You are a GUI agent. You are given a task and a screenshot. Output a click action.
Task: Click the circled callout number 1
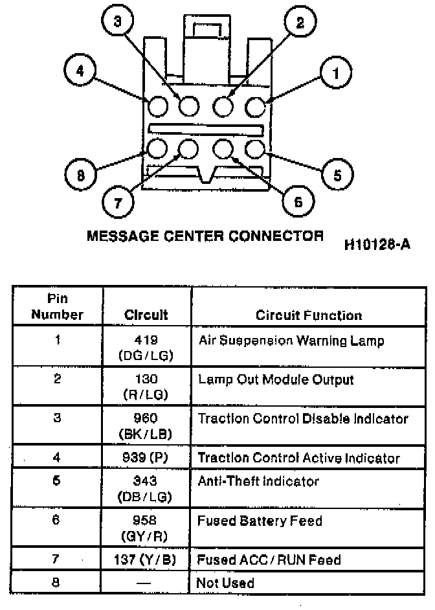click(335, 73)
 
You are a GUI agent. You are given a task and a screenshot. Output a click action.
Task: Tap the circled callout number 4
click(81, 71)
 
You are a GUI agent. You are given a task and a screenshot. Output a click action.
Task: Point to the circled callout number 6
click(298, 202)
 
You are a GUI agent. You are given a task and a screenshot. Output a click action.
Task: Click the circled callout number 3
click(117, 23)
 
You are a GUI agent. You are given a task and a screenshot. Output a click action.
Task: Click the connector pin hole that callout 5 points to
click(256, 149)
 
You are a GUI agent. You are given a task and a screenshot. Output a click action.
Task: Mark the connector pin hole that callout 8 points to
click(157, 149)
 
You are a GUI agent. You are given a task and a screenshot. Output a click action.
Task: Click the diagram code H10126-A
click(378, 244)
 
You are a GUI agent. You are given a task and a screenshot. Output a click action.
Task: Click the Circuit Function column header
click(309, 315)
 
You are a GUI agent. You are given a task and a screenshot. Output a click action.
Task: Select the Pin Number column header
click(58, 308)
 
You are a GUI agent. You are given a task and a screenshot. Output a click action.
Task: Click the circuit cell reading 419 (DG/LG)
click(146, 348)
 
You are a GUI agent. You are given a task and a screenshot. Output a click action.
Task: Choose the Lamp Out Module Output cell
click(276, 379)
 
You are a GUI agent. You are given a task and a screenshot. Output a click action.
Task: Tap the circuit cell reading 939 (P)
click(146, 458)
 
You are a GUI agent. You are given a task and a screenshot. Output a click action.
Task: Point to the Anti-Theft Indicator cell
click(258, 481)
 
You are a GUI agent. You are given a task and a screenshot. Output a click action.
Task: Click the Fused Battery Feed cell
click(260, 521)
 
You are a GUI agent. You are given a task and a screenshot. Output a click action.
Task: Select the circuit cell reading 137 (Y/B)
click(146, 559)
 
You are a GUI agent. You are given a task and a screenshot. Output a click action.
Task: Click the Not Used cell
click(225, 583)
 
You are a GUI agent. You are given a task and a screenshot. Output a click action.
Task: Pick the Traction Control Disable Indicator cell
click(303, 418)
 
